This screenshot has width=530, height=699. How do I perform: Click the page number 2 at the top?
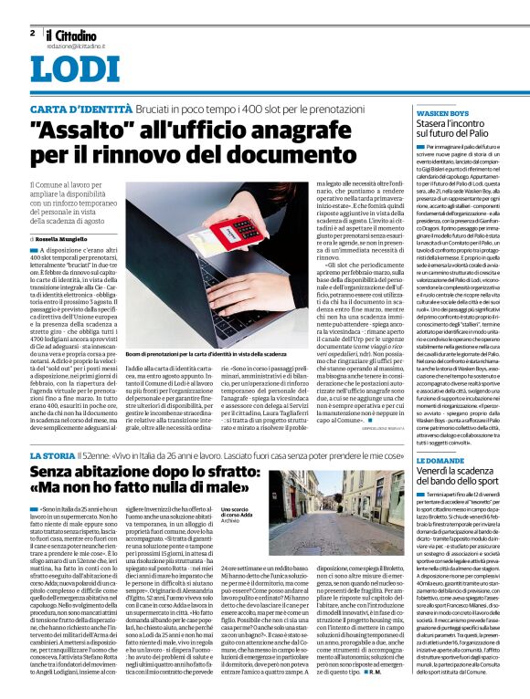pyautogui.click(x=32, y=32)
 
